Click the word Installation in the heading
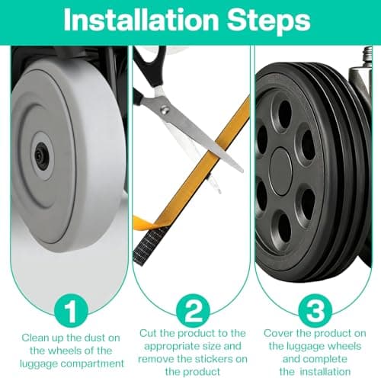pyautogui.click(x=141, y=21)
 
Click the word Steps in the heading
pyautogui.click(x=269, y=21)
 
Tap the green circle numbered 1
pyautogui.click(x=71, y=310)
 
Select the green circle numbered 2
pyautogui.click(x=193, y=310)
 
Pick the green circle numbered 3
pyautogui.click(x=315, y=310)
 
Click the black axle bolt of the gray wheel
pyautogui.click(x=40, y=155)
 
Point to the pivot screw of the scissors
pyautogui.click(x=165, y=110)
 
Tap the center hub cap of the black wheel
pyautogui.click(x=280, y=172)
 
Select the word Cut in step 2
pyautogui.click(x=148, y=333)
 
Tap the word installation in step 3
pyautogui.click(x=325, y=372)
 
